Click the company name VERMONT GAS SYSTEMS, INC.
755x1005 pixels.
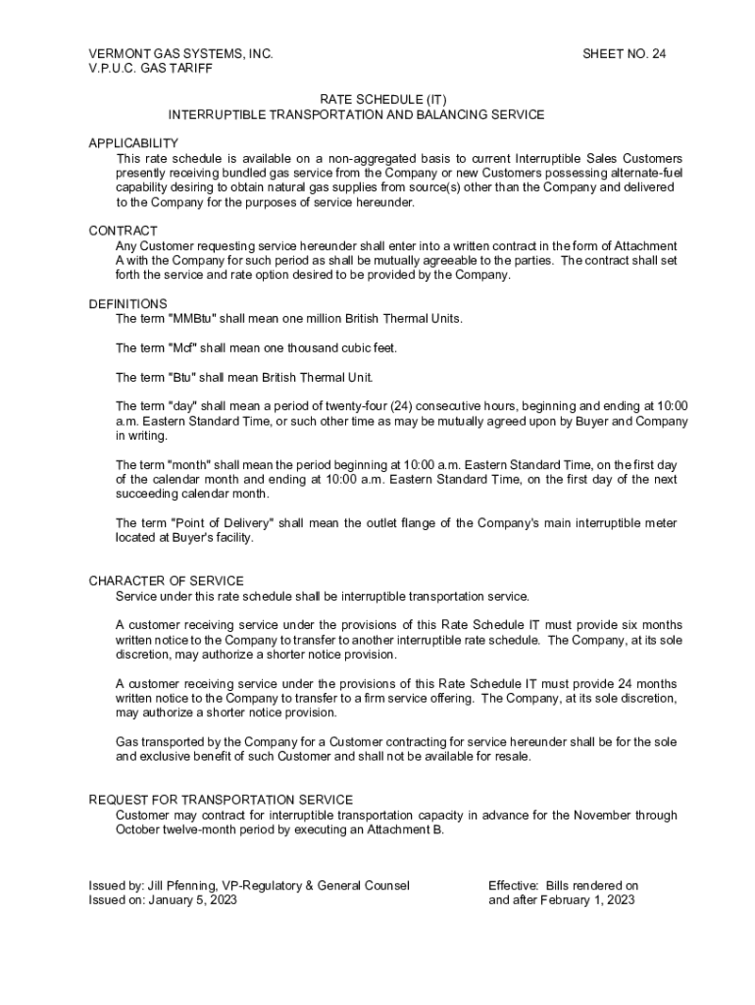[180, 53]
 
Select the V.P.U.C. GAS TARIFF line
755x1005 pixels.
[150, 69]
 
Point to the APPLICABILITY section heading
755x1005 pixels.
[133, 143]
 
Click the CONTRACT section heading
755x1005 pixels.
[123, 231]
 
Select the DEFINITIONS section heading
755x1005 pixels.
[127, 304]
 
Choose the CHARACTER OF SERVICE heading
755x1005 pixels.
[166, 581]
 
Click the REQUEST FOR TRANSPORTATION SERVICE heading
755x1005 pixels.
[221, 800]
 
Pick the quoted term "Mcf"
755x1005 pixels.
[183, 348]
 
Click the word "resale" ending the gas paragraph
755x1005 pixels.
[509, 757]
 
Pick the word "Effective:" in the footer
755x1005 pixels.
[514, 885]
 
